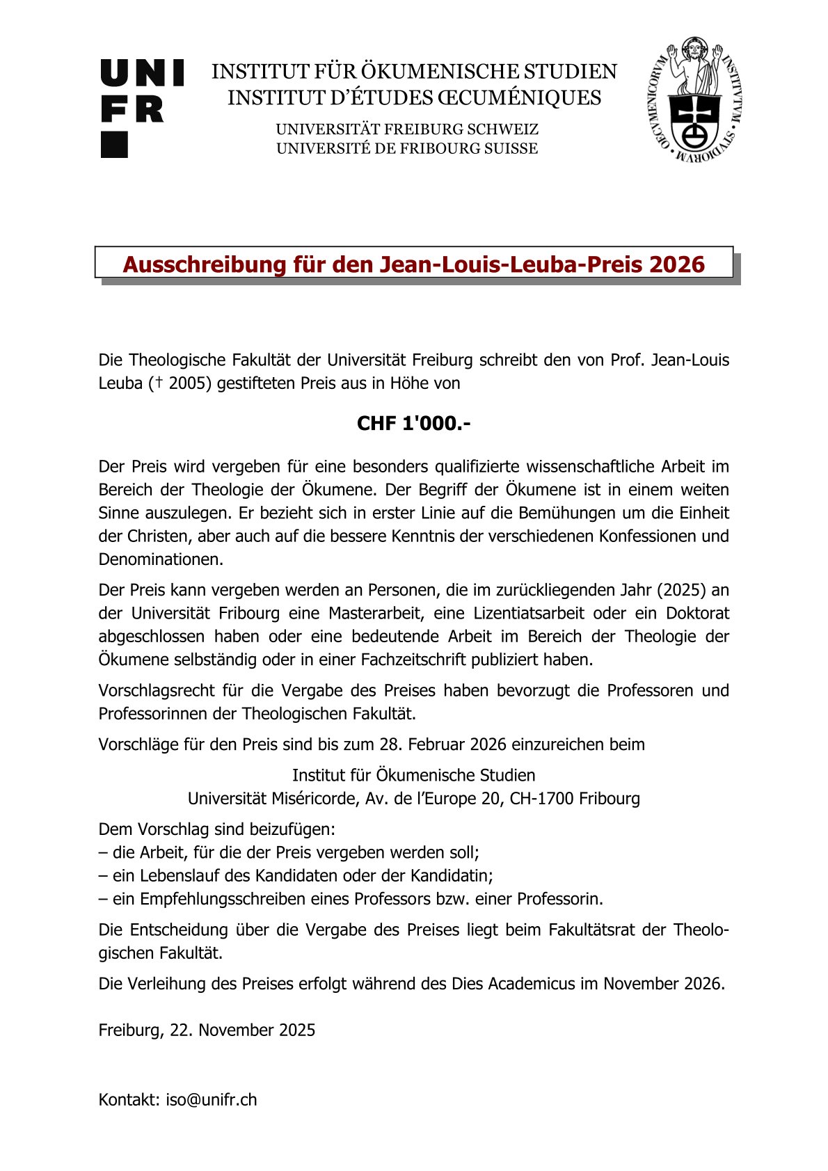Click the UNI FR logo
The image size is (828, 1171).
point(142,108)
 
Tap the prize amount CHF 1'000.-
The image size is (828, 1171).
point(413,424)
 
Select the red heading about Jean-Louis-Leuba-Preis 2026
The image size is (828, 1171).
point(413,264)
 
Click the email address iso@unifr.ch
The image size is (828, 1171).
point(211,1099)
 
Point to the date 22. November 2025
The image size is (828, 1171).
point(242,1030)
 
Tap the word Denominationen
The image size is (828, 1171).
point(161,559)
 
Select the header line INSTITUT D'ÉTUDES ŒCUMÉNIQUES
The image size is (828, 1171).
point(414,98)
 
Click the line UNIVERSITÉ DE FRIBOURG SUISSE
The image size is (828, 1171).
point(407,148)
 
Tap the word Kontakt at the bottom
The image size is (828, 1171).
point(129,1099)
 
